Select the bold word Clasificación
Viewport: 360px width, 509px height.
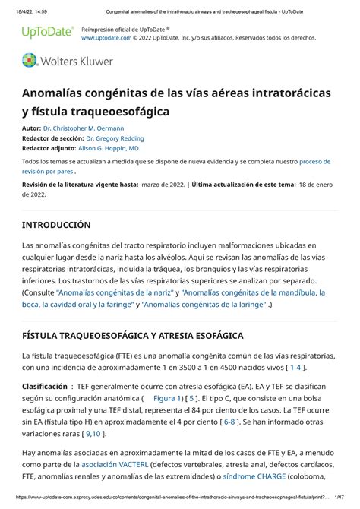44,386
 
